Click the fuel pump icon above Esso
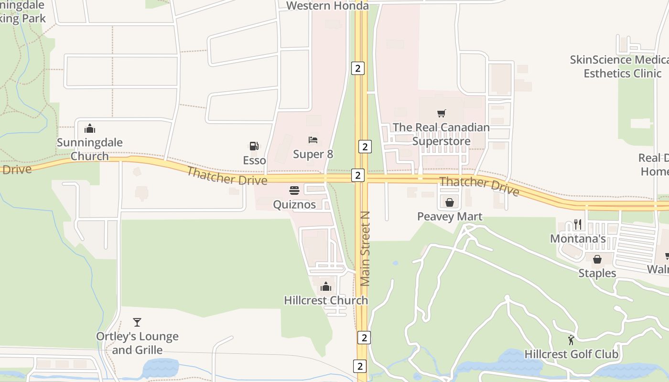click(x=254, y=146)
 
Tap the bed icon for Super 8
click(x=313, y=140)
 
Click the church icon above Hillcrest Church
click(x=326, y=286)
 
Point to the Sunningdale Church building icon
click(x=90, y=128)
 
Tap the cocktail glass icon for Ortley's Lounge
click(x=137, y=322)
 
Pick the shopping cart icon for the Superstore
click(x=441, y=114)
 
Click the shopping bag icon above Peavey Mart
click(x=450, y=202)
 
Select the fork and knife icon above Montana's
click(x=578, y=224)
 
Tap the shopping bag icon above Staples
click(x=597, y=259)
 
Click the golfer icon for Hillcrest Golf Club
click(x=571, y=340)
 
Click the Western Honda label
click(x=328, y=6)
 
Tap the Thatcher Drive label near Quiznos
click(x=227, y=176)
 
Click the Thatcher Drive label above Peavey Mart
click(x=479, y=186)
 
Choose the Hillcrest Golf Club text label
click(x=572, y=354)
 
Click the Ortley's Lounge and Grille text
click(x=137, y=343)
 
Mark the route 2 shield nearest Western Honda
click(x=357, y=68)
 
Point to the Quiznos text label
click(x=294, y=204)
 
